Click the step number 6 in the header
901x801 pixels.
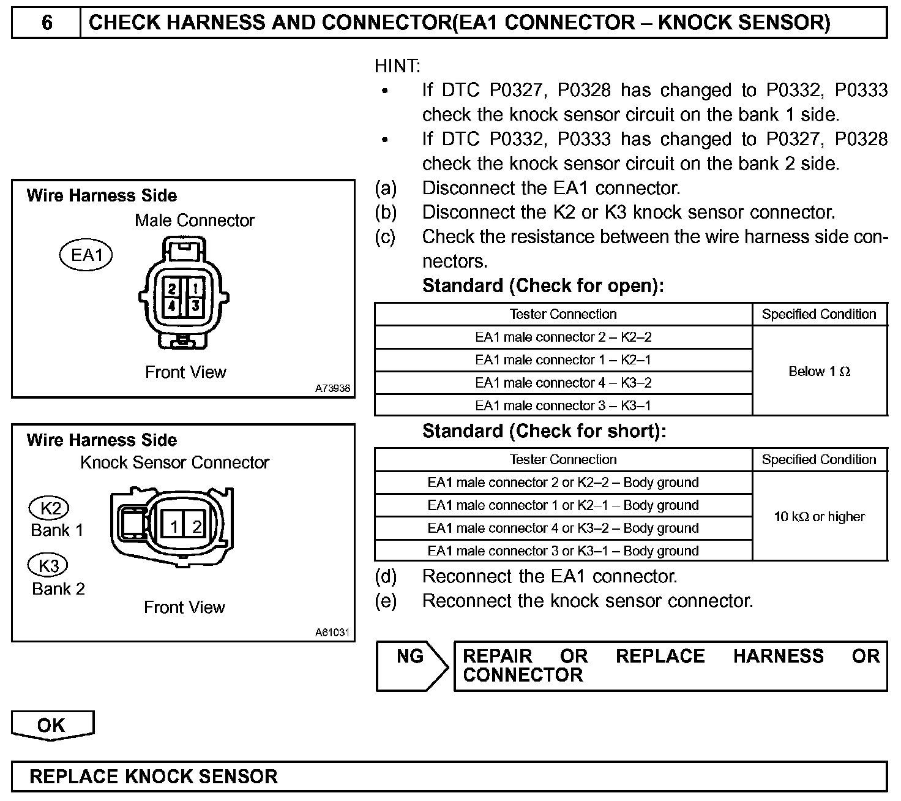click(47, 23)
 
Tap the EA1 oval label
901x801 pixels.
click(86, 255)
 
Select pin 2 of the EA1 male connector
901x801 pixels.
click(173, 288)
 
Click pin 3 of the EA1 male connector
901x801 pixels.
click(195, 305)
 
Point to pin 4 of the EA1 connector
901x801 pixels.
click(173, 305)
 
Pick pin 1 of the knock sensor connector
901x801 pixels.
click(174, 527)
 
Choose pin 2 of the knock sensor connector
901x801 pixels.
click(196, 527)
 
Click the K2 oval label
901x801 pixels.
click(50, 508)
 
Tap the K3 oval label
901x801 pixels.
click(48, 565)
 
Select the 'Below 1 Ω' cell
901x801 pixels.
click(819, 371)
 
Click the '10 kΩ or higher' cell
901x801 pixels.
click(819, 516)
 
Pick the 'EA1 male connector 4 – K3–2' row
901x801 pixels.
click(563, 383)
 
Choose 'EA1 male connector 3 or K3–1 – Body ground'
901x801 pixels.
click(563, 551)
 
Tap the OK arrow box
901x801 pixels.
click(52, 725)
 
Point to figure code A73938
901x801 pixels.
click(333, 388)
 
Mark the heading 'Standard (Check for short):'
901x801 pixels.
click(544, 431)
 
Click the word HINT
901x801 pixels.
click(397, 66)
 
